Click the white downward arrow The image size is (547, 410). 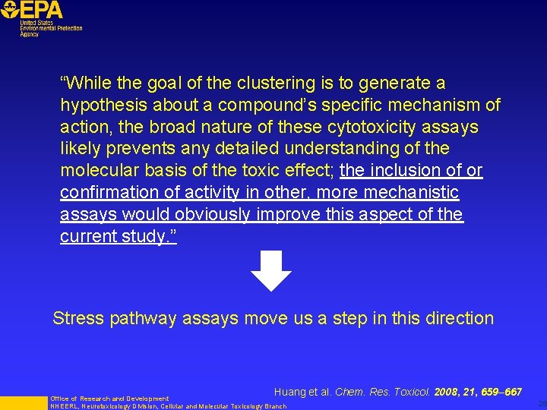tap(271, 270)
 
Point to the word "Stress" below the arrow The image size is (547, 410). tap(78, 318)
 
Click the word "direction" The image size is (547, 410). tap(457, 318)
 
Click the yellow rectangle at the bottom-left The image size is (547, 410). tap(23, 402)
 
